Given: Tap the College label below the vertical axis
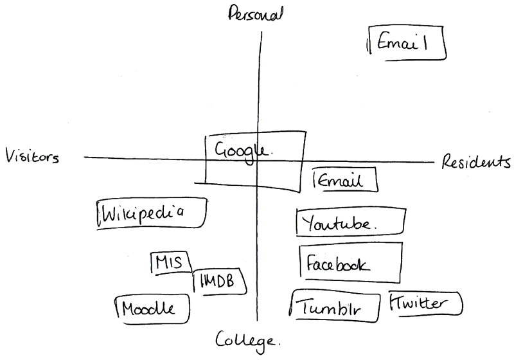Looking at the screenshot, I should pos(247,340).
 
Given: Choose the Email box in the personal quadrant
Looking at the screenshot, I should pos(407,43).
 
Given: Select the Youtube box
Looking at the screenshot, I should pos(351,224).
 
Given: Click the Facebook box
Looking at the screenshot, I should pos(351,264).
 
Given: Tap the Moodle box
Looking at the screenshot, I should pos(153,308).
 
